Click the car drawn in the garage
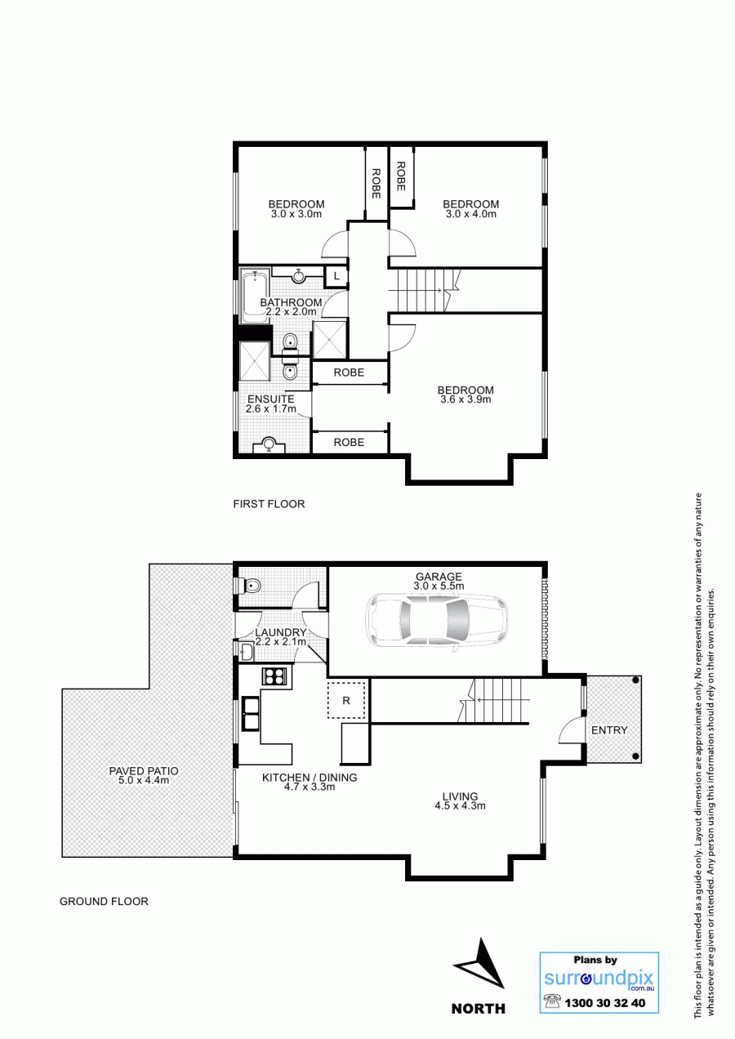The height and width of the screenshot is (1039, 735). click(x=437, y=621)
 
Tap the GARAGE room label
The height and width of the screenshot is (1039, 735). click(x=439, y=577)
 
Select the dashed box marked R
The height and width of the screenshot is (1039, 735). click(x=346, y=700)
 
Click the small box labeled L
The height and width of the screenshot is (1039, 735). click(x=336, y=276)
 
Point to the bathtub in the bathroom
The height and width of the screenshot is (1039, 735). click(x=254, y=296)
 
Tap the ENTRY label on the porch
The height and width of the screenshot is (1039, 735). click(x=609, y=730)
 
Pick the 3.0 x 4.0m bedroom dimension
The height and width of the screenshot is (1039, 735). click(x=470, y=214)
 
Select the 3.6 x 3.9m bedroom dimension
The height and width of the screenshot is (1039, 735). click(x=465, y=399)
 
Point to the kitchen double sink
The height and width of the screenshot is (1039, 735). click(x=252, y=714)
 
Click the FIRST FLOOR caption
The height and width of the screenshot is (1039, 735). click(x=269, y=504)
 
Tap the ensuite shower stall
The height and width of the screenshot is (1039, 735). click(x=254, y=361)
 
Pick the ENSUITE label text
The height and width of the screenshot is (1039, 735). click(x=271, y=399)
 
